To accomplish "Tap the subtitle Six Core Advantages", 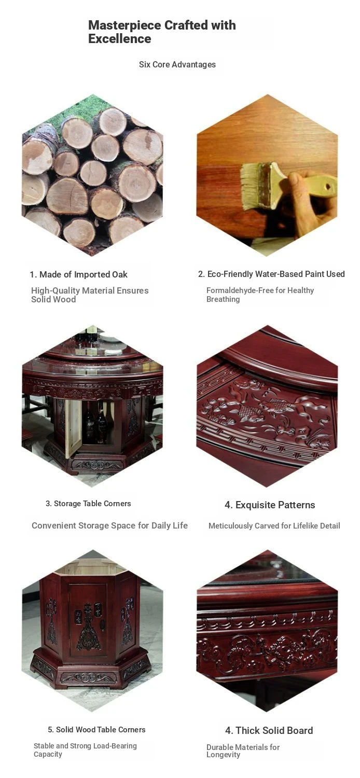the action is tap(177, 65).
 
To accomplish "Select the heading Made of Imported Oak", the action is tap(78, 275).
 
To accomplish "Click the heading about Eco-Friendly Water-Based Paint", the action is tap(271, 274).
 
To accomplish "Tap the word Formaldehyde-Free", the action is tap(240, 290).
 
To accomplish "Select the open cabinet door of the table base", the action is tap(74, 428).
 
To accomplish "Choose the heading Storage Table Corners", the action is tap(88, 504).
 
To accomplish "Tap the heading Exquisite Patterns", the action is tap(270, 505).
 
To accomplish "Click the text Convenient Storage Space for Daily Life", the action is tap(109, 525).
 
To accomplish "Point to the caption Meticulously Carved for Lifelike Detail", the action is tap(274, 526).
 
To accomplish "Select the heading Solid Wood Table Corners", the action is tap(96, 730).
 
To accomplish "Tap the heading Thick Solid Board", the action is tap(269, 730).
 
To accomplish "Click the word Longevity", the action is tap(223, 755).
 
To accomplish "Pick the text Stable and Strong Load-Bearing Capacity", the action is tap(85, 750).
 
